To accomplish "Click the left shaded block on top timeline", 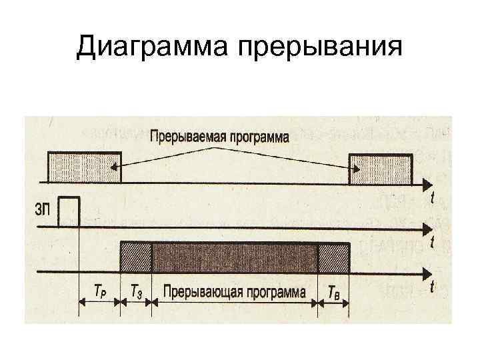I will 84,167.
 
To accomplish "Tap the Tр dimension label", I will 99,292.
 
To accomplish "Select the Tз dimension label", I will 136,292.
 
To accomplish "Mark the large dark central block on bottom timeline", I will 235,257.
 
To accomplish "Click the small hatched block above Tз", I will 136,257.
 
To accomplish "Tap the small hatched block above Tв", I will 333,257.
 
